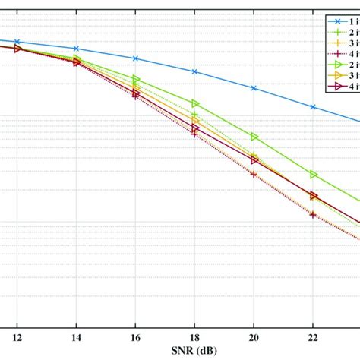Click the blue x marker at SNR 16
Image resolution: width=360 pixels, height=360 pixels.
click(135, 58)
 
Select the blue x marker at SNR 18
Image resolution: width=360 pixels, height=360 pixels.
click(194, 71)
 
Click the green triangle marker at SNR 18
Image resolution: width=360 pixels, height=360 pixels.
click(194, 103)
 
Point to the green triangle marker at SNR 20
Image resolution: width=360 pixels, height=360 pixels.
click(254, 137)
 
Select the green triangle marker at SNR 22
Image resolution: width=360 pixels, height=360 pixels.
click(313, 175)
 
